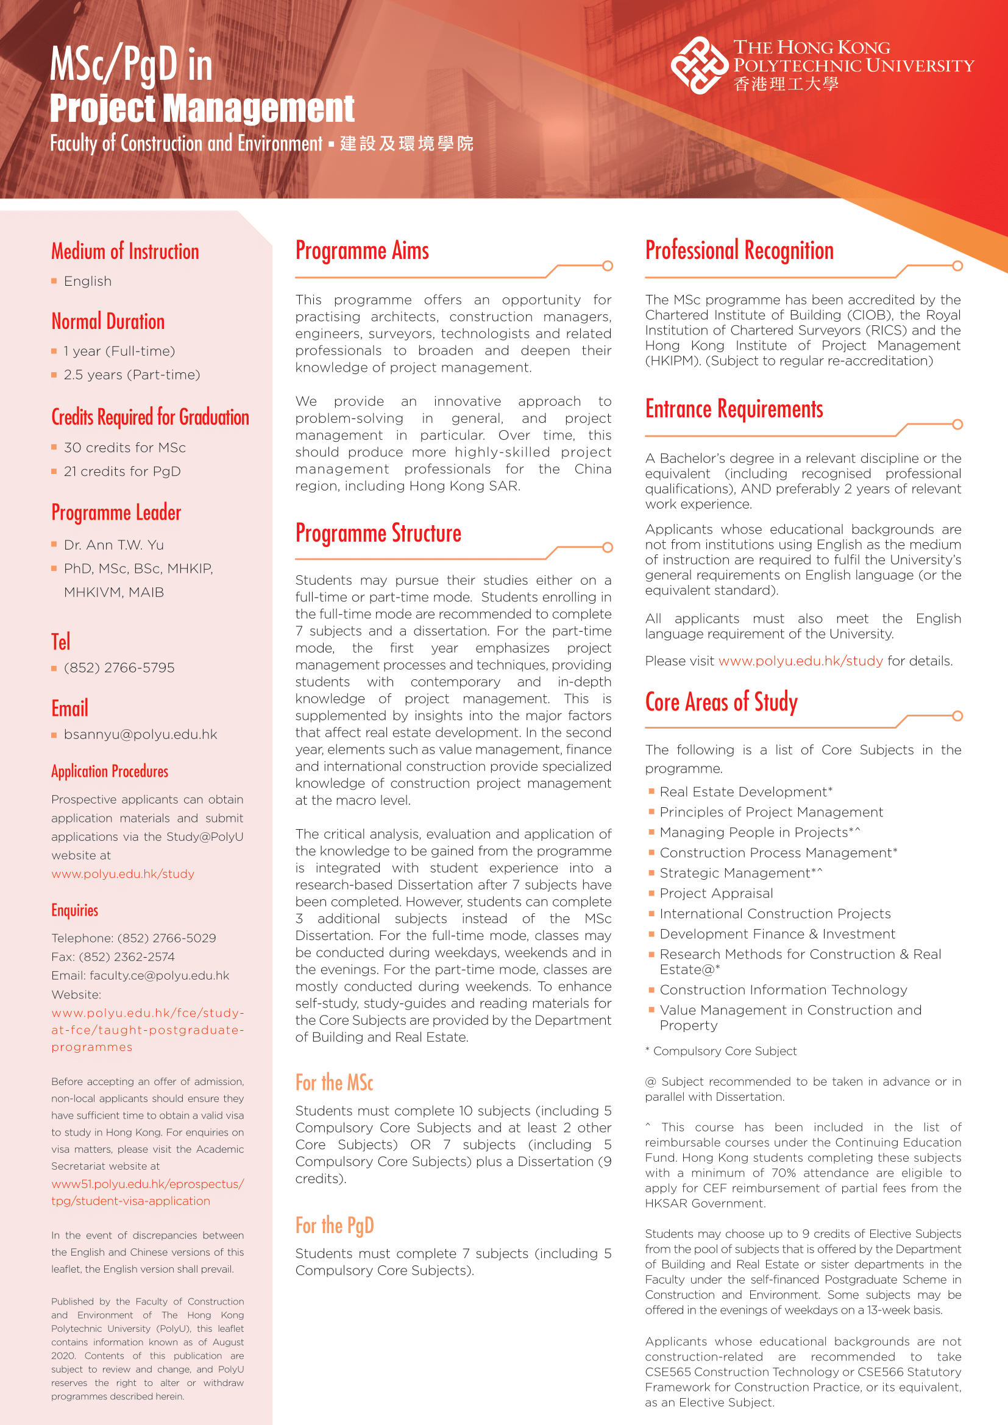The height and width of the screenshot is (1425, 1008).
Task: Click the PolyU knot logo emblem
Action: coord(699,65)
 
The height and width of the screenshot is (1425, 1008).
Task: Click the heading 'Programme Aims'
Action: coord(362,251)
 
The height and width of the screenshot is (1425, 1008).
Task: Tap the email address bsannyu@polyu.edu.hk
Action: coord(140,734)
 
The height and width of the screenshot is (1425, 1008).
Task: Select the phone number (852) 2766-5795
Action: coord(119,668)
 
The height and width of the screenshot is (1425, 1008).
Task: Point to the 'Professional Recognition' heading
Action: coord(739,251)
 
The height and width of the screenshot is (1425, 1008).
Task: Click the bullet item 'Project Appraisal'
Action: coord(716,893)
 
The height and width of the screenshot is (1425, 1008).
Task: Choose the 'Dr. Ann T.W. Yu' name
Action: coord(113,545)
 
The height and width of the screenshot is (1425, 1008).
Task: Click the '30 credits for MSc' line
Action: coord(125,448)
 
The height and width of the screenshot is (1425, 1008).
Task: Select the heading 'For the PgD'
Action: coord(335,1225)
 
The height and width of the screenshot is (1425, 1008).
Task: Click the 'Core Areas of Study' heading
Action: coord(721,702)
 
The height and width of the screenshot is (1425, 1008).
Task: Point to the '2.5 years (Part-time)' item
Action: coord(132,375)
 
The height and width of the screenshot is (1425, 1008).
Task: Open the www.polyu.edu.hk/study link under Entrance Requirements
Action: coord(800,661)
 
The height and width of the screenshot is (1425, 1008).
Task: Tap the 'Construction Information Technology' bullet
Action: coord(783,989)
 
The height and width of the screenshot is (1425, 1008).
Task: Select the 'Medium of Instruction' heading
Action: coord(125,252)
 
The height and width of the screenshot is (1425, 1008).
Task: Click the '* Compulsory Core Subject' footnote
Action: coord(720,1051)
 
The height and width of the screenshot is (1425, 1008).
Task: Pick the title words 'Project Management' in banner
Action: coord(202,108)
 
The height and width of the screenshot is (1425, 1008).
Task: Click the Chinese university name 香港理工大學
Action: coord(786,84)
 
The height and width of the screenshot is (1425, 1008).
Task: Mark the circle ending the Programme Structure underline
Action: coord(608,548)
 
